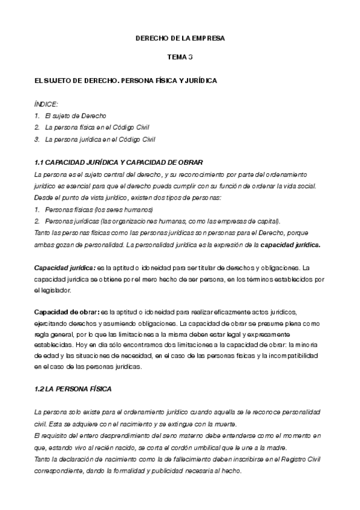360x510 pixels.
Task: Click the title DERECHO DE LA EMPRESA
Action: pyautogui.click(x=180, y=38)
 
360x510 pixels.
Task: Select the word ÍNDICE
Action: pyautogui.click(x=46, y=103)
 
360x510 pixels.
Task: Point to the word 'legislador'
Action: pyautogui.click(x=54, y=290)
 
